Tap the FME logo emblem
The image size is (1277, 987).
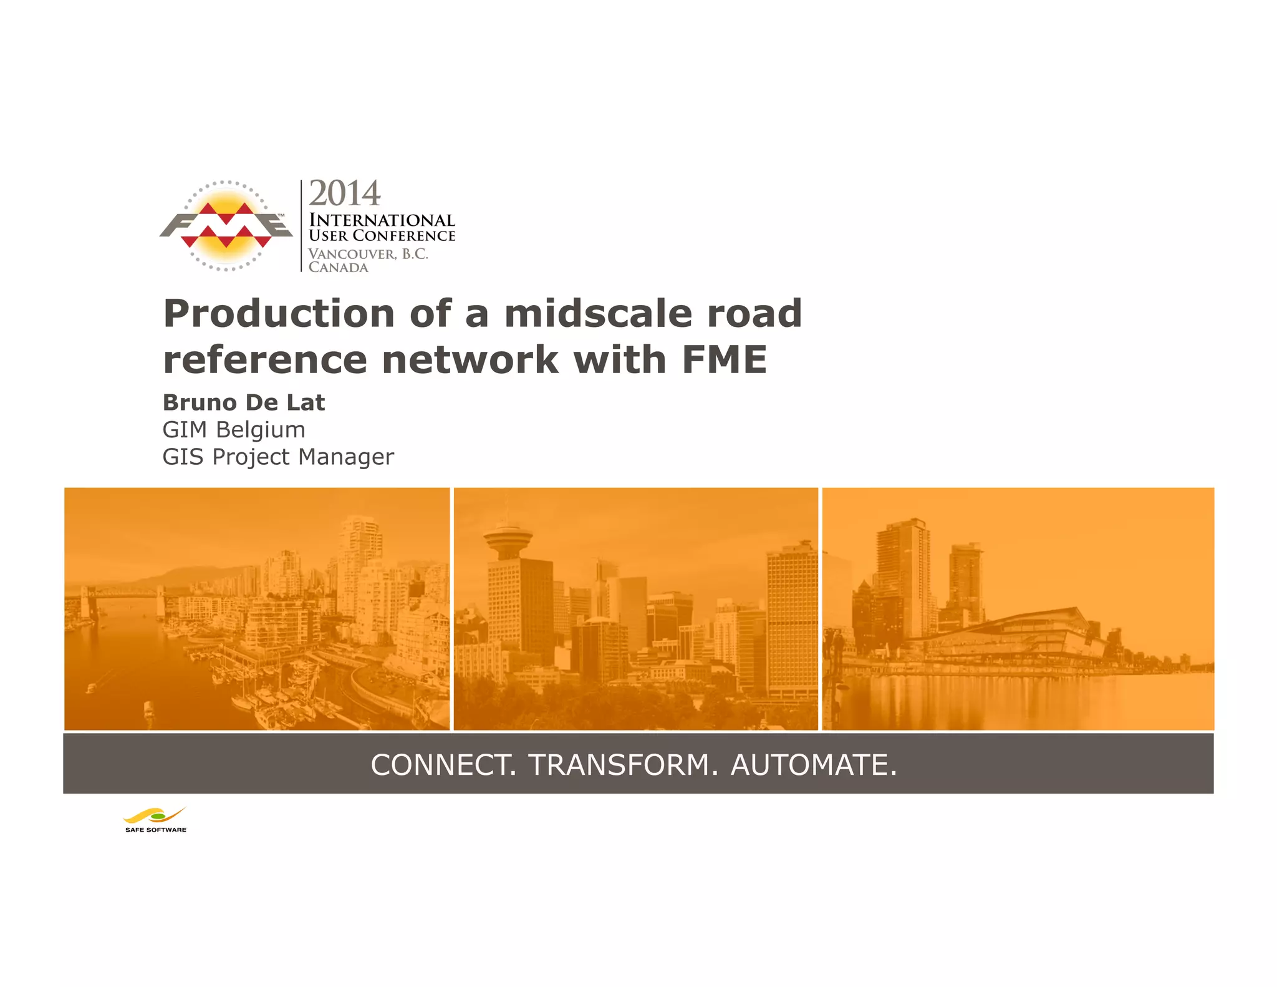[226, 226]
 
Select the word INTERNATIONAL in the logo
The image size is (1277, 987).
[382, 220]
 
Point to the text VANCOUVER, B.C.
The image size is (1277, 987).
[368, 254]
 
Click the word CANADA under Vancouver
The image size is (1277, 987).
[338, 268]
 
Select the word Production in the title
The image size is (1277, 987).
[279, 313]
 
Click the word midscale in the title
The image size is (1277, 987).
[598, 313]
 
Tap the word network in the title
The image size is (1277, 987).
[470, 360]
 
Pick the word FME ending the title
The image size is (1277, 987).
[724, 360]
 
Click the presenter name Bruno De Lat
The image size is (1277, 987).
[244, 402]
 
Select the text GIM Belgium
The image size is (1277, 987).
[234, 430]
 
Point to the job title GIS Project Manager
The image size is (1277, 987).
[278, 457]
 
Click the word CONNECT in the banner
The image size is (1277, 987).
[443, 765]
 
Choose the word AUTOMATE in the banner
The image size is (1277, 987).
[813, 765]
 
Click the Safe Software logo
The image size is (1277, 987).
[155, 820]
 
